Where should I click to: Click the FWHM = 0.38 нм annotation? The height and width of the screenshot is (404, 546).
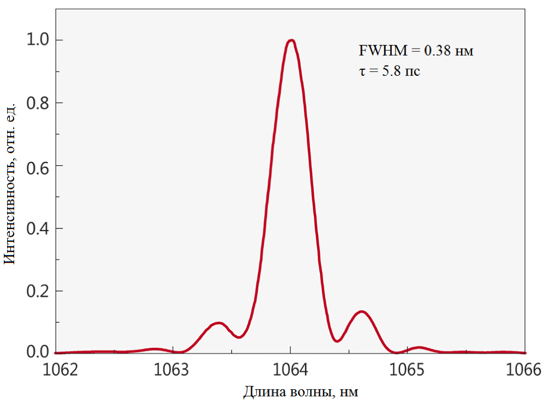(x=416, y=51)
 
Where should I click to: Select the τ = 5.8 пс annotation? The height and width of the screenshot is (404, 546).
(x=389, y=71)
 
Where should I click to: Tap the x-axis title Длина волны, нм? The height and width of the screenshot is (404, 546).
(x=301, y=391)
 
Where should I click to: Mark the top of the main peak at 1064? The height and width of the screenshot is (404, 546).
(x=292, y=40)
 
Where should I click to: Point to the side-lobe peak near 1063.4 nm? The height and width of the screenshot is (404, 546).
(x=219, y=323)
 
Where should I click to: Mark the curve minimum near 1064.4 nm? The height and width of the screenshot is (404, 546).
(x=338, y=341)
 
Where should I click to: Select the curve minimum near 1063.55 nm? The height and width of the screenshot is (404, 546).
(x=239, y=337)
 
